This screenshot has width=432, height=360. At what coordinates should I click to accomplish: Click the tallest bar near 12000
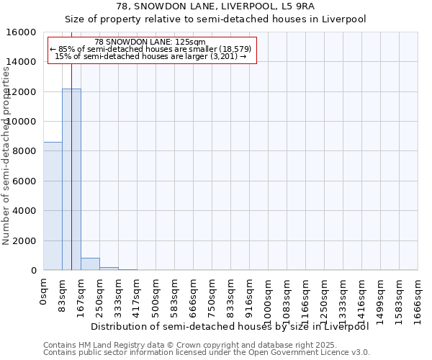click(x=71, y=179)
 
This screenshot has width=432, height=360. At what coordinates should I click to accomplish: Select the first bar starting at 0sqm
click(x=53, y=206)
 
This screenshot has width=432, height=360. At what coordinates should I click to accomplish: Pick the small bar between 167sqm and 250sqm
click(x=90, y=264)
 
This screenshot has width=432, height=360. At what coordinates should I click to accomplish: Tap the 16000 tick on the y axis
click(x=24, y=32)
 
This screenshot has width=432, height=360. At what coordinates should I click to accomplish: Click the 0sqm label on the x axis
click(x=44, y=291)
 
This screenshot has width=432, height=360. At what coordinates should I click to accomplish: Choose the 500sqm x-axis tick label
click(x=156, y=295)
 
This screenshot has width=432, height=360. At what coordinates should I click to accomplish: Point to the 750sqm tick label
click(x=212, y=295)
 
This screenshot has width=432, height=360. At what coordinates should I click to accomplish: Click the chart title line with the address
click(x=216, y=6)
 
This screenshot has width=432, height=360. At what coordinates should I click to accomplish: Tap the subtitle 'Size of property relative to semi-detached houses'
click(x=216, y=19)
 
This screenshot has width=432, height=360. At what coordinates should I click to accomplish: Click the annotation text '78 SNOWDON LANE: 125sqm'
click(x=150, y=42)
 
